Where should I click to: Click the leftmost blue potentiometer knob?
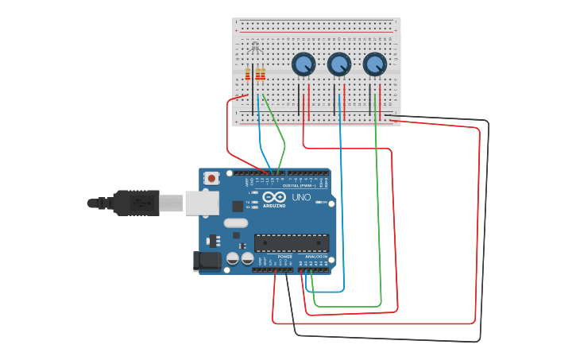point(303,64)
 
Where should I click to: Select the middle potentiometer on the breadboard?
point(339,64)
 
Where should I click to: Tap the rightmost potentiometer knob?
point(375,64)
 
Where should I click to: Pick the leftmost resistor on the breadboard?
point(248,74)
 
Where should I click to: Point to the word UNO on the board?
point(301,197)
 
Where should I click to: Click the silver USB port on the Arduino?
point(202,203)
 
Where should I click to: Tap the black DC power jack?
point(206,261)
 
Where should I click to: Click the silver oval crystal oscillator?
point(236,223)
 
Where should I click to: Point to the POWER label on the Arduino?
point(284,257)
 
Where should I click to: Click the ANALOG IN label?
point(316,257)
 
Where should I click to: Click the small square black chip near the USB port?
point(238,207)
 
